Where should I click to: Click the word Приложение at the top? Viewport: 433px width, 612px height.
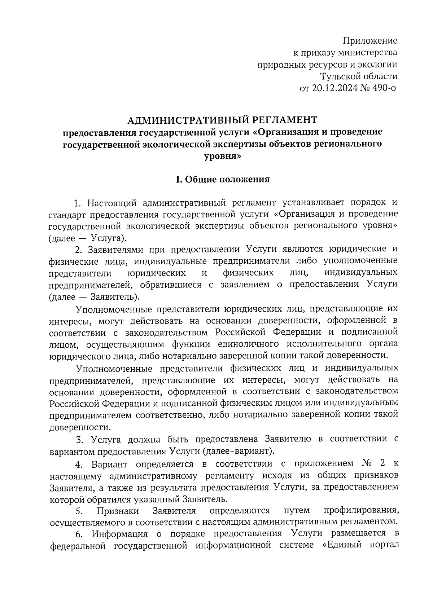point(369,40)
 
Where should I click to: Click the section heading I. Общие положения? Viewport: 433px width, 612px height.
point(223,179)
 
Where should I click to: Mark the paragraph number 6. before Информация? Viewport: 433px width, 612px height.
point(80,534)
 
